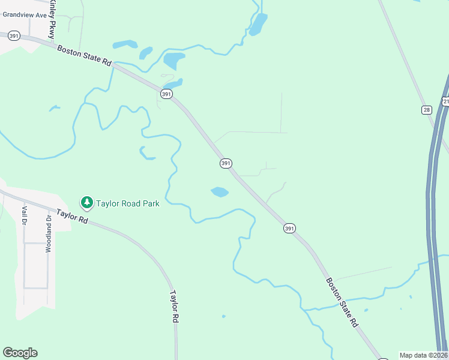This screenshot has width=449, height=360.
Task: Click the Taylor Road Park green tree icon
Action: tap(87, 203)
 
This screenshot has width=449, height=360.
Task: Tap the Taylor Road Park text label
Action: tap(128, 203)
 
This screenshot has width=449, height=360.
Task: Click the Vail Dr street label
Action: tap(25, 215)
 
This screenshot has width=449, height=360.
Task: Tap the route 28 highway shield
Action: tap(426, 109)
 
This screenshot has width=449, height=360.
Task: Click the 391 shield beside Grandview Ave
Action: tap(14, 36)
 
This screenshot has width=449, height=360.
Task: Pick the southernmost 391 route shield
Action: tap(289, 228)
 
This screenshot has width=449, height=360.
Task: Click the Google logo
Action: tap(20, 353)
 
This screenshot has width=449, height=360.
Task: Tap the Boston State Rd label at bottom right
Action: tap(342, 302)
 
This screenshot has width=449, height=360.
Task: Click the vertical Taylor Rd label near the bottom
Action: tap(173, 308)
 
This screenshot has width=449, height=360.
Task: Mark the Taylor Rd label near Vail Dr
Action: tap(72, 216)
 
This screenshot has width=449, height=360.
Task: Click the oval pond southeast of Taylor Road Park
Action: tap(220, 192)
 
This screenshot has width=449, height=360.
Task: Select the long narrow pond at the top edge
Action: tap(258, 24)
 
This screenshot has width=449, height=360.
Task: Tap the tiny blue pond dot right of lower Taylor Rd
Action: tap(223, 316)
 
